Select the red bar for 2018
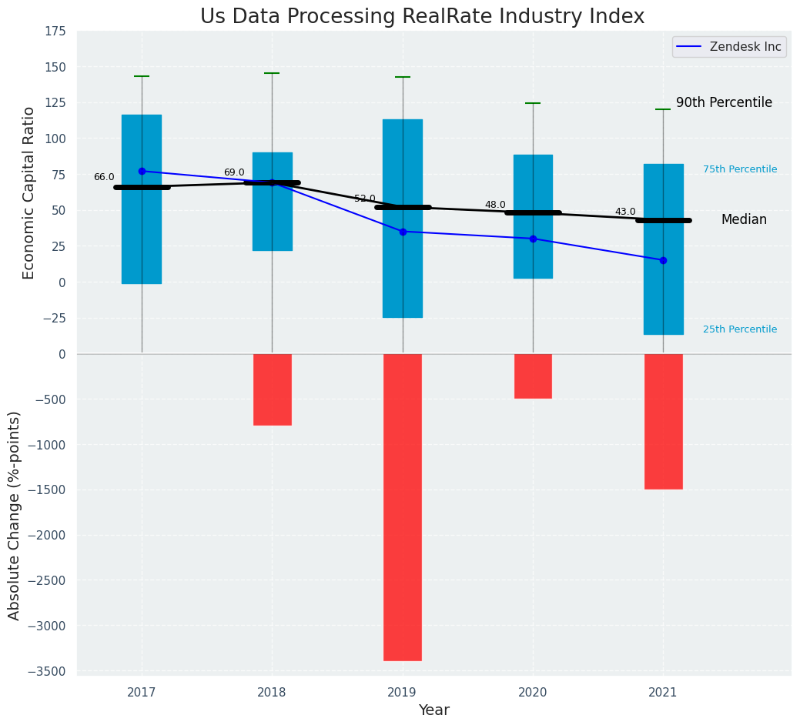(x=272, y=389)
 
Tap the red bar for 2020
(x=533, y=376)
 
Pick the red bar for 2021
(x=663, y=421)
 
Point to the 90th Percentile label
(x=724, y=102)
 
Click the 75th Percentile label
(x=739, y=169)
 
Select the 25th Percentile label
(x=739, y=329)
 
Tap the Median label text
(x=744, y=219)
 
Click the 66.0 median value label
(x=104, y=177)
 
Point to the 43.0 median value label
(x=625, y=212)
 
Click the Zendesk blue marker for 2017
(x=142, y=171)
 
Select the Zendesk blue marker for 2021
(x=663, y=260)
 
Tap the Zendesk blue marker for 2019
(x=403, y=232)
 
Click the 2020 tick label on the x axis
(x=533, y=693)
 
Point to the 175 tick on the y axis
(x=56, y=32)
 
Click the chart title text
(x=422, y=16)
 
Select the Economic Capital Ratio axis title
(x=29, y=192)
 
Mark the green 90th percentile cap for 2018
(x=272, y=73)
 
